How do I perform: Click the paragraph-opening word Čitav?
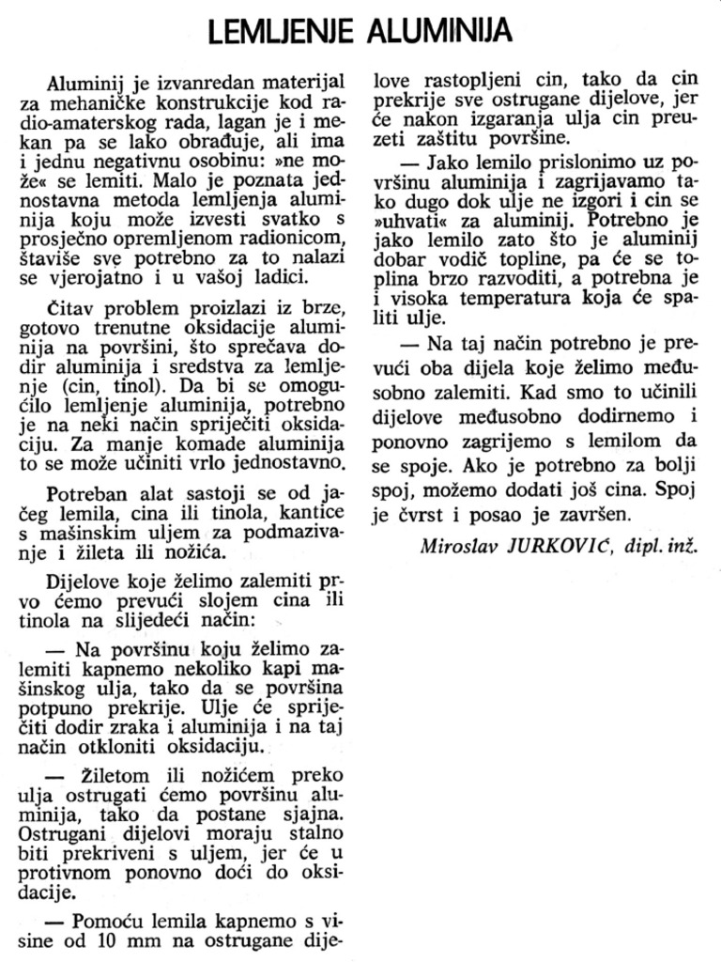(68, 311)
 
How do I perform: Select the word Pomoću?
(106, 921)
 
